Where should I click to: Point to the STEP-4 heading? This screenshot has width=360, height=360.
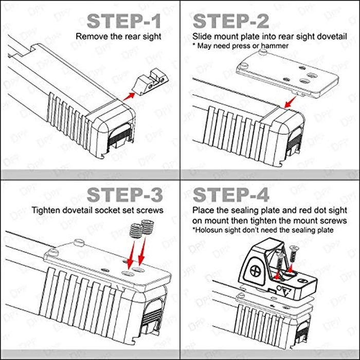(231, 195)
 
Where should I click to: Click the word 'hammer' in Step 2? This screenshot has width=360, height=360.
(276, 46)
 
